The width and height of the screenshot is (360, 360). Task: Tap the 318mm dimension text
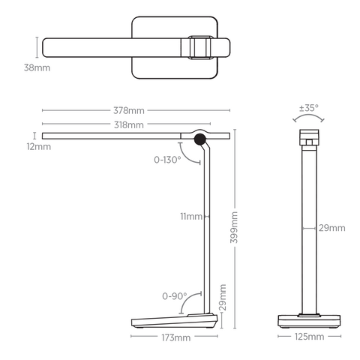click(x=128, y=124)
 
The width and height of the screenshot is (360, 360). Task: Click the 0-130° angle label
click(x=167, y=160)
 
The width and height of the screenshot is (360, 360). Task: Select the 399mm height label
click(x=235, y=225)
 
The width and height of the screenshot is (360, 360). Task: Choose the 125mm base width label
click(x=309, y=337)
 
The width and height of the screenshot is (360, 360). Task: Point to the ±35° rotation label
click(x=308, y=108)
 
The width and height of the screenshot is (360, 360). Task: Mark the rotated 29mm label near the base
click(x=223, y=297)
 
